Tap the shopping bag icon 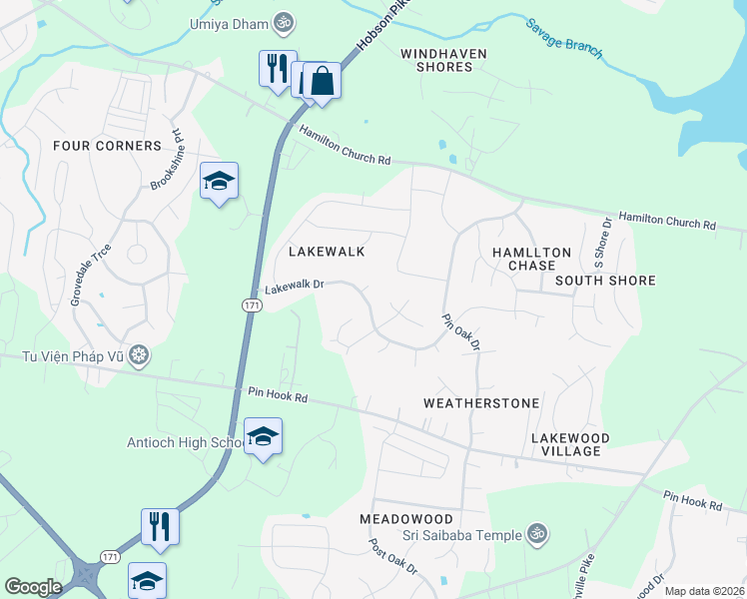(323, 80)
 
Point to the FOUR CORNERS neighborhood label (107, 146)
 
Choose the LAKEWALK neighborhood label (327, 253)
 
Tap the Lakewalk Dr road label (296, 286)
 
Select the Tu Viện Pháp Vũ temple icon (139, 354)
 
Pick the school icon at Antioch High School (263, 436)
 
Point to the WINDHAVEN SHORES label (435, 60)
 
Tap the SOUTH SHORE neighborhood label (605, 281)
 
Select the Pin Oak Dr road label (462, 331)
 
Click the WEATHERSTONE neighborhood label (481, 403)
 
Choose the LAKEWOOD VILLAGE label (570, 445)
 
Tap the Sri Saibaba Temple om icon (537, 535)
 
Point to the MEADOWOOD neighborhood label (406, 520)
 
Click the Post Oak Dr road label (392, 561)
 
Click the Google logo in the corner (33, 587)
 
